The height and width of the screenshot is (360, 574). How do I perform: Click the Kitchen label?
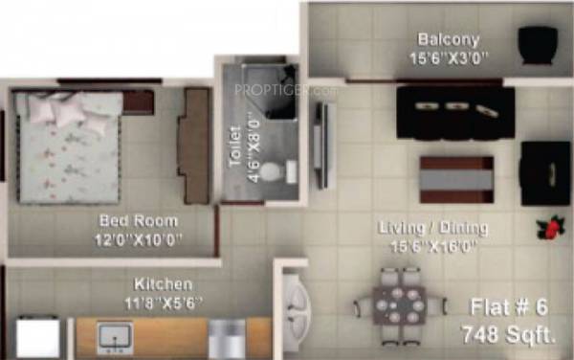[x=163, y=284]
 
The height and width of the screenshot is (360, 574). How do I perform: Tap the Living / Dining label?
[x=433, y=228]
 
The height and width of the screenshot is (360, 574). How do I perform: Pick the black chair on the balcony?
[x=538, y=45]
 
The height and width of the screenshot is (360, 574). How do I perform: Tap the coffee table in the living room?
[x=456, y=179]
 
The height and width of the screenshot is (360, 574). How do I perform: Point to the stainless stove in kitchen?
[x=227, y=338]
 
